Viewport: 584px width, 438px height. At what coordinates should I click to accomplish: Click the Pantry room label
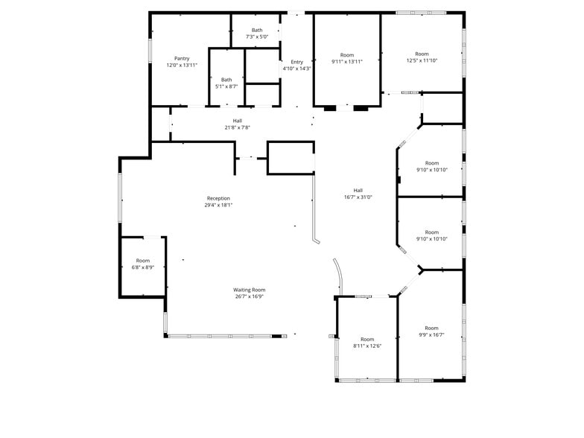point(182,58)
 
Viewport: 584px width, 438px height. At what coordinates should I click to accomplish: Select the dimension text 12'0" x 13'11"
point(182,66)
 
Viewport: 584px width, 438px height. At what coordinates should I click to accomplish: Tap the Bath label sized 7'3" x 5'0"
point(257,31)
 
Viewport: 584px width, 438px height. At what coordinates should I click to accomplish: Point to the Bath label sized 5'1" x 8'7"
point(226,79)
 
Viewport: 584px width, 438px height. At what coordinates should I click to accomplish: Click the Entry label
point(297,62)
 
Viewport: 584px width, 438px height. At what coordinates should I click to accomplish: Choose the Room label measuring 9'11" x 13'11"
point(347,54)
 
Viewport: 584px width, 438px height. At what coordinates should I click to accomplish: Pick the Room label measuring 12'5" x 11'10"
point(422,54)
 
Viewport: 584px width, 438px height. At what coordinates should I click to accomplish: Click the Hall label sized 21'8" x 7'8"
point(237,120)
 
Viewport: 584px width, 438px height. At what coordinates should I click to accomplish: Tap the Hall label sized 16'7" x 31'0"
point(358,190)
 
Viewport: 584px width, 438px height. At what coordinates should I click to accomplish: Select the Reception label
point(218,198)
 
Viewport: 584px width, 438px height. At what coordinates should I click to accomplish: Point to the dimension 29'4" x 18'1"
point(218,206)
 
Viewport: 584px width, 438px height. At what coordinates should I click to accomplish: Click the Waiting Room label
point(249,290)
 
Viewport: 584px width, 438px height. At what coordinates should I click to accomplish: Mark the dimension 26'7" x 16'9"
point(249,296)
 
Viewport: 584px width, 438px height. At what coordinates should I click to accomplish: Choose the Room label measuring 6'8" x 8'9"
point(142,261)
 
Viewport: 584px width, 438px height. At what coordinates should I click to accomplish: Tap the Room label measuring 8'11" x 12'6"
point(367,339)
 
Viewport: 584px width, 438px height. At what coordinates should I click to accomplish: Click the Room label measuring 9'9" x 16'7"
point(431,328)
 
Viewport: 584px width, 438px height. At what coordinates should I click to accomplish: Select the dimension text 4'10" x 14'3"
point(297,69)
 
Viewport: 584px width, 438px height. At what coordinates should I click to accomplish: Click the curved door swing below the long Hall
point(339,276)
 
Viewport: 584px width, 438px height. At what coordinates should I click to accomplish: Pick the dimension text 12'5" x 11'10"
point(422,60)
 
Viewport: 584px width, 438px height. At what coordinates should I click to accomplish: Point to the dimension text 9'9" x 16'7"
point(431,335)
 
